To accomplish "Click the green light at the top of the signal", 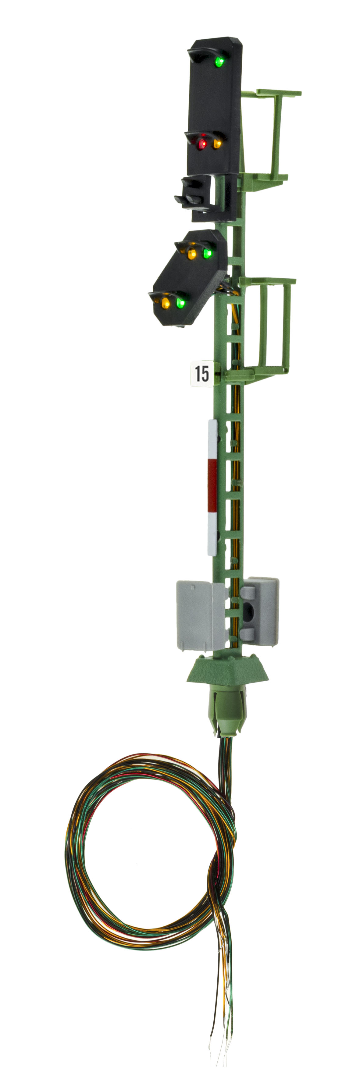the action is click(x=219, y=62).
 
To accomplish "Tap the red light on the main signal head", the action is click(x=202, y=144).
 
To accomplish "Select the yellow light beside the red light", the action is click(x=217, y=144).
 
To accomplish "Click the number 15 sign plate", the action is click(x=201, y=373).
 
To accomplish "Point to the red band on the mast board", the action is click(x=212, y=486).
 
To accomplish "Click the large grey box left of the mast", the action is click(x=201, y=615).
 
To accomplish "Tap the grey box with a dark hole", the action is click(x=259, y=611).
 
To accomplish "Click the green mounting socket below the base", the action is click(x=228, y=708).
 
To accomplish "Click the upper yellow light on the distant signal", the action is click(x=192, y=254).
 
